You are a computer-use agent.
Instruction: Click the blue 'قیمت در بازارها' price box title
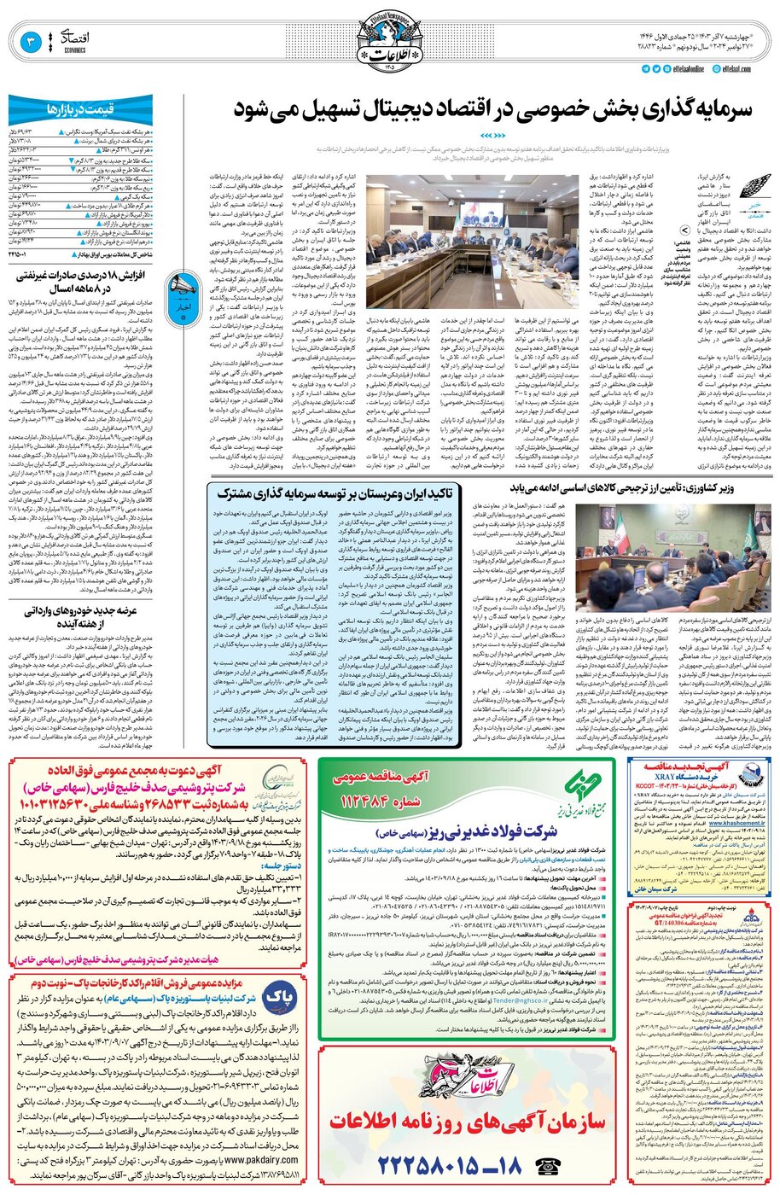80,108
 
